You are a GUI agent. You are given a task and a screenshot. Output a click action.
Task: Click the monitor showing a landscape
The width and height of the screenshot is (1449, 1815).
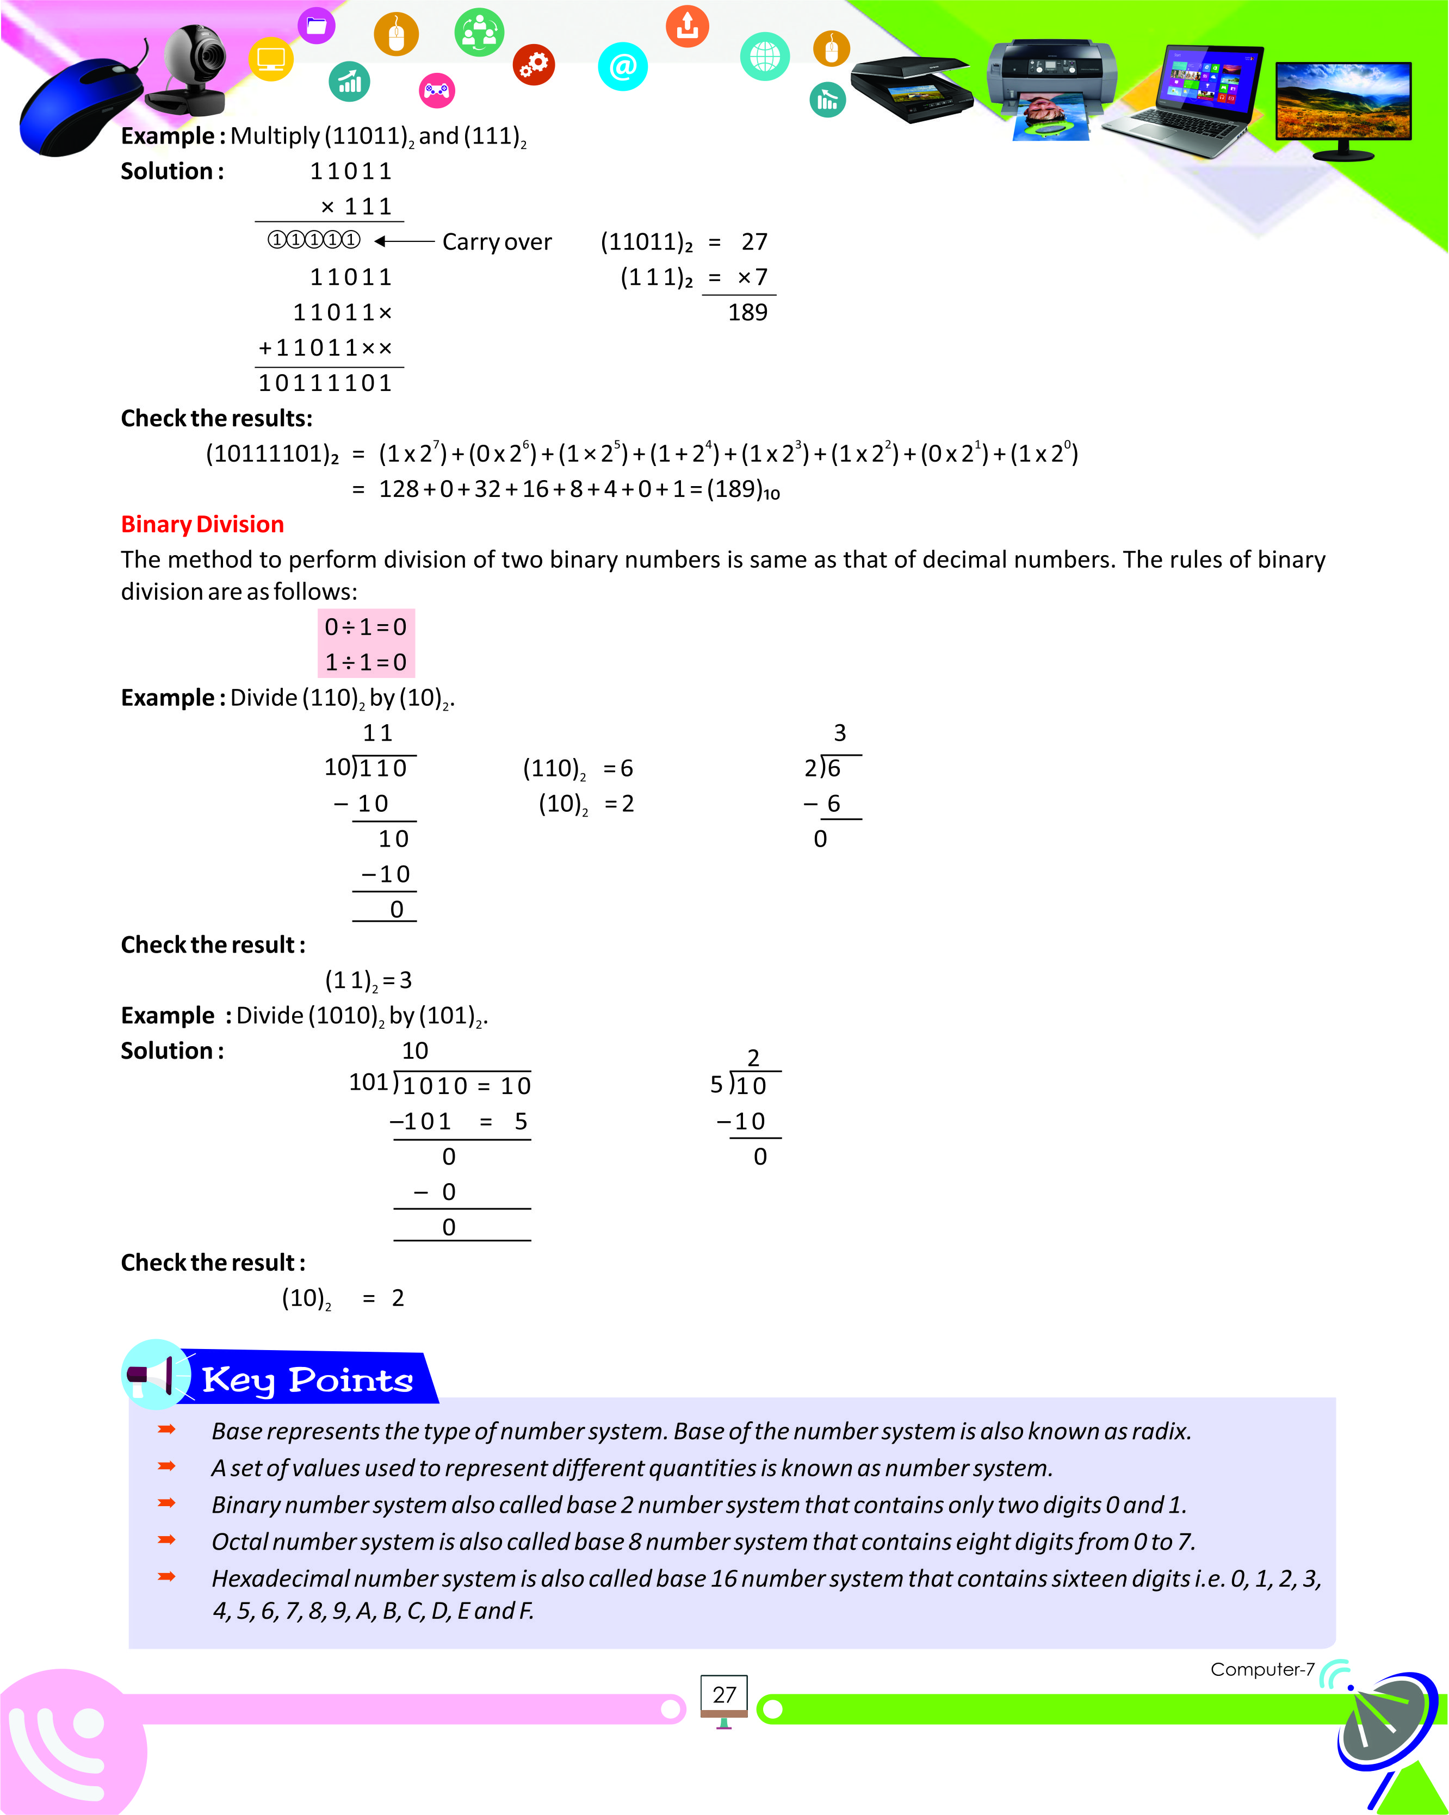tap(1343, 105)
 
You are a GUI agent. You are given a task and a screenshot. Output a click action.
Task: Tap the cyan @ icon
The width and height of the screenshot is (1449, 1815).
tap(622, 66)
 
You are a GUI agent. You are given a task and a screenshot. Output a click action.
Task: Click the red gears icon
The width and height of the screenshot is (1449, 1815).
tap(534, 64)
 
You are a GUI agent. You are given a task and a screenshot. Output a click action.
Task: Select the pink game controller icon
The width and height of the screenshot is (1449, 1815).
tap(436, 90)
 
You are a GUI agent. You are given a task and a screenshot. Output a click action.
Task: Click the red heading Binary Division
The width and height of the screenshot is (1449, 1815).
tap(202, 525)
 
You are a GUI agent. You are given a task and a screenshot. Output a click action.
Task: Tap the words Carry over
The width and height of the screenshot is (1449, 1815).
tap(497, 243)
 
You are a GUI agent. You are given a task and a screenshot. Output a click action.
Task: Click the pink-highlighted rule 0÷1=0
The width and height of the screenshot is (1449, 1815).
tap(366, 627)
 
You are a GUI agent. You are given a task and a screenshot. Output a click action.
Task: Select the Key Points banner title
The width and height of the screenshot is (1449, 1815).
tap(307, 1381)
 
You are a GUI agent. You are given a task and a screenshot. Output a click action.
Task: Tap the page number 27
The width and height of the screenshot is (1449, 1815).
tap(724, 1695)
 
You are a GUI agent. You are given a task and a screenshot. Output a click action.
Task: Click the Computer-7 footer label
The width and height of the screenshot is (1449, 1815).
tap(1261, 1669)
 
